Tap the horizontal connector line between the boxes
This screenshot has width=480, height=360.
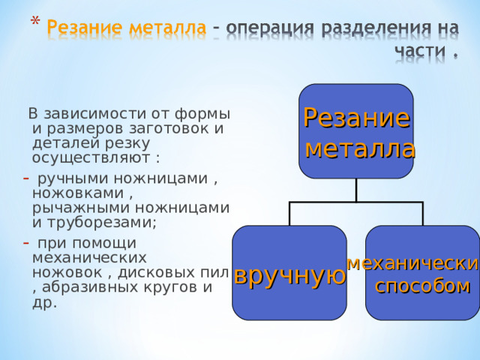coord(356,202)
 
